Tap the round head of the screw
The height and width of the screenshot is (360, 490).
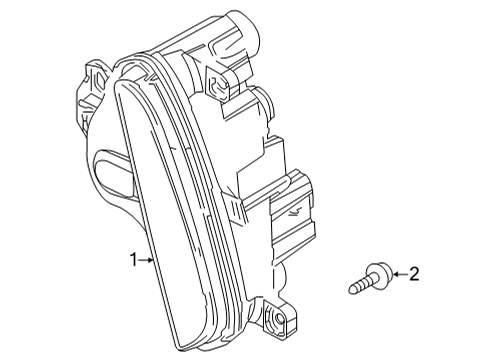(377, 273)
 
